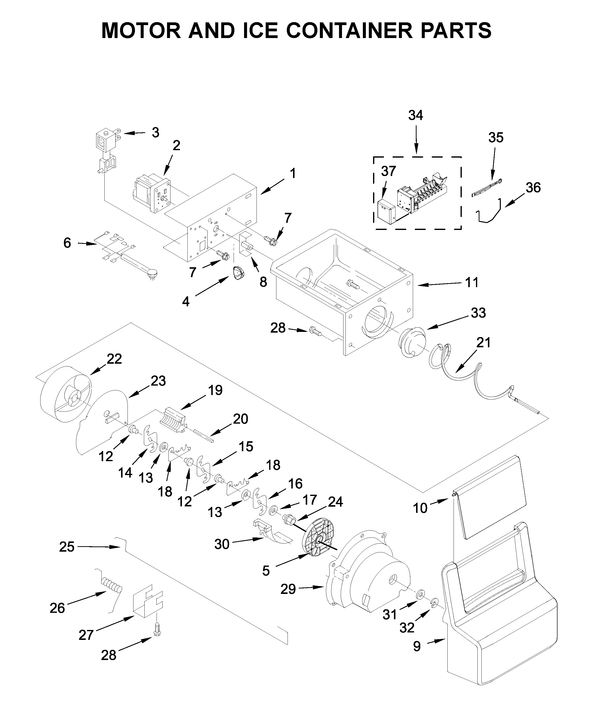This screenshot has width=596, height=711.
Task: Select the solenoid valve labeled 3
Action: coord(106,149)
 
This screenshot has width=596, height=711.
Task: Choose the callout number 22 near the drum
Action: coord(114,359)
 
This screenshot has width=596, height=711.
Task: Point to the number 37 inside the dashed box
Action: coord(388,171)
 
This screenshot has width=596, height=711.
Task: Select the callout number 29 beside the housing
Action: coord(288,589)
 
